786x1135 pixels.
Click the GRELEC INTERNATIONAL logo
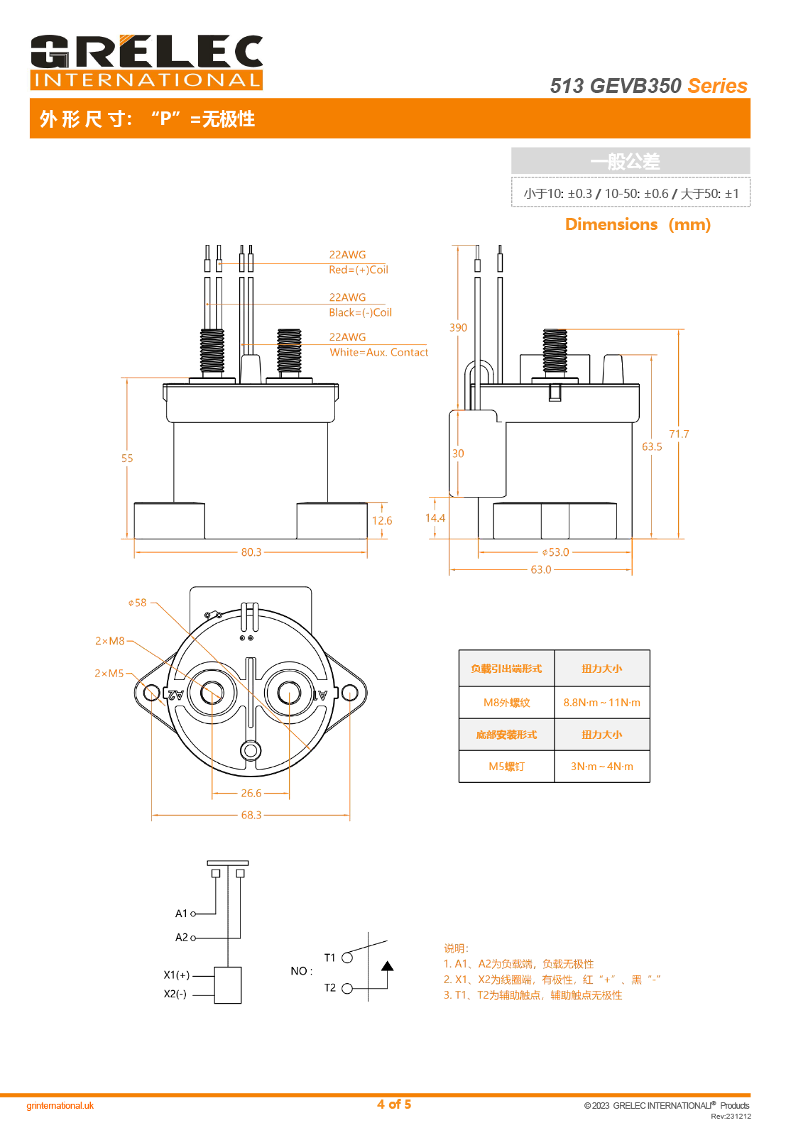click(146, 62)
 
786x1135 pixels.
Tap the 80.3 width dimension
click(251, 552)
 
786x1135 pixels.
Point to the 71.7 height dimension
click(679, 434)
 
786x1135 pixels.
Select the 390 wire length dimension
click(458, 328)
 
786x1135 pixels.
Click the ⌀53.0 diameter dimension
click(555, 552)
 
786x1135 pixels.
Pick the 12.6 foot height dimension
click(382, 521)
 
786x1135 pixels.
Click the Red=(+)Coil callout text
click(359, 270)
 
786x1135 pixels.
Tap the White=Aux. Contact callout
click(379, 352)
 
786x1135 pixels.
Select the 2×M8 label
click(110, 641)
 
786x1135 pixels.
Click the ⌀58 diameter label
click(138, 603)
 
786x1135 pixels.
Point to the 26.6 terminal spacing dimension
click(251, 794)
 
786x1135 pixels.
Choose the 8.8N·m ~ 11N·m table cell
click(602, 703)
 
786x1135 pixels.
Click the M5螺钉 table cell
click(507, 767)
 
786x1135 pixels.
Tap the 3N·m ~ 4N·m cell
click(602, 767)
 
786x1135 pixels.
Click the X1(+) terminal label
click(177, 975)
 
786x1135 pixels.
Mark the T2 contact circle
click(347, 988)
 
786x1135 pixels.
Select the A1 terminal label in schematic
click(182, 914)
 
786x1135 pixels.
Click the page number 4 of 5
click(394, 1104)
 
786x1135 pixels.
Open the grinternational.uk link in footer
click(60, 1106)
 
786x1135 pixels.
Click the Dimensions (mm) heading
click(638, 224)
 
